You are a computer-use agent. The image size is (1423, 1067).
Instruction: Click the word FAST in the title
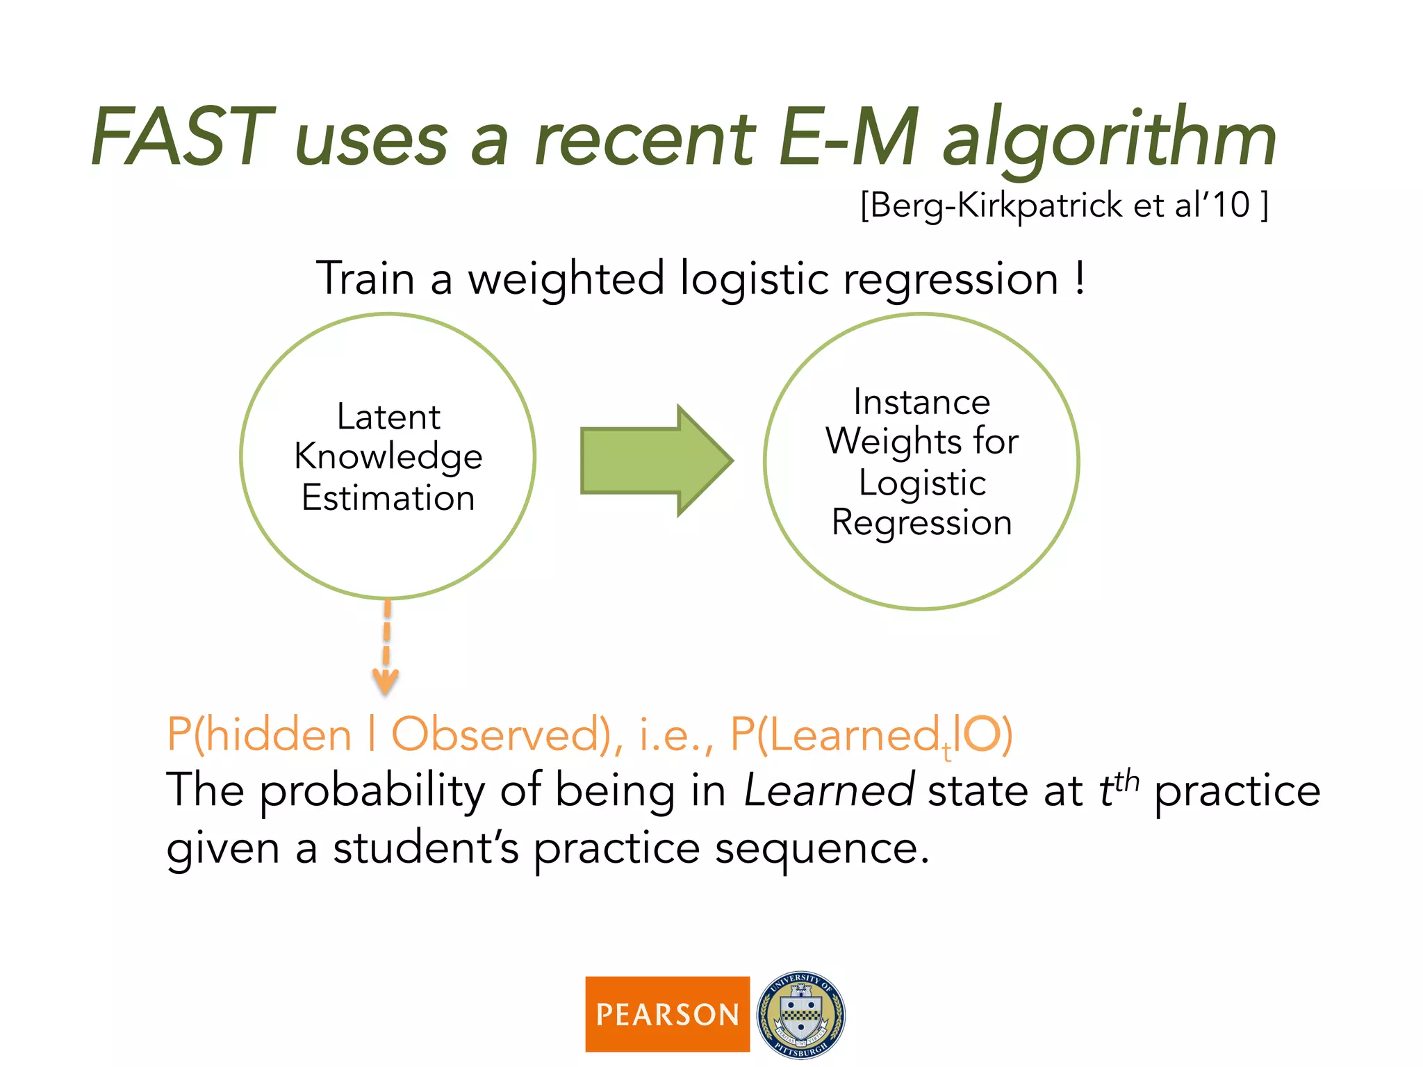182,137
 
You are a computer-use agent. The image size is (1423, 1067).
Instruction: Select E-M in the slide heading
848,137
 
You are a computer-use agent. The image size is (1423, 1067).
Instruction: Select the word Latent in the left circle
388,417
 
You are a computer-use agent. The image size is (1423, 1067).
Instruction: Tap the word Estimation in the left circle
388,497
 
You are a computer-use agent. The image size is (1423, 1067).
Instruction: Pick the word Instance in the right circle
921,402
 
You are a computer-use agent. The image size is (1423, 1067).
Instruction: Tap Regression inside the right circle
921,522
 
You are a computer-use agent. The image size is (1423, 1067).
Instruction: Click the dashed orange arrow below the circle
386,646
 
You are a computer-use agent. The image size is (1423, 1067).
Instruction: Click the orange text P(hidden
259,734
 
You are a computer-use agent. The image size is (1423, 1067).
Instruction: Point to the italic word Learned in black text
828,791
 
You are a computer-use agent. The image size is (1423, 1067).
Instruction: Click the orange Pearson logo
667,1014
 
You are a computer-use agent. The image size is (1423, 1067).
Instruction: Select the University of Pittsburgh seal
800,1014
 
